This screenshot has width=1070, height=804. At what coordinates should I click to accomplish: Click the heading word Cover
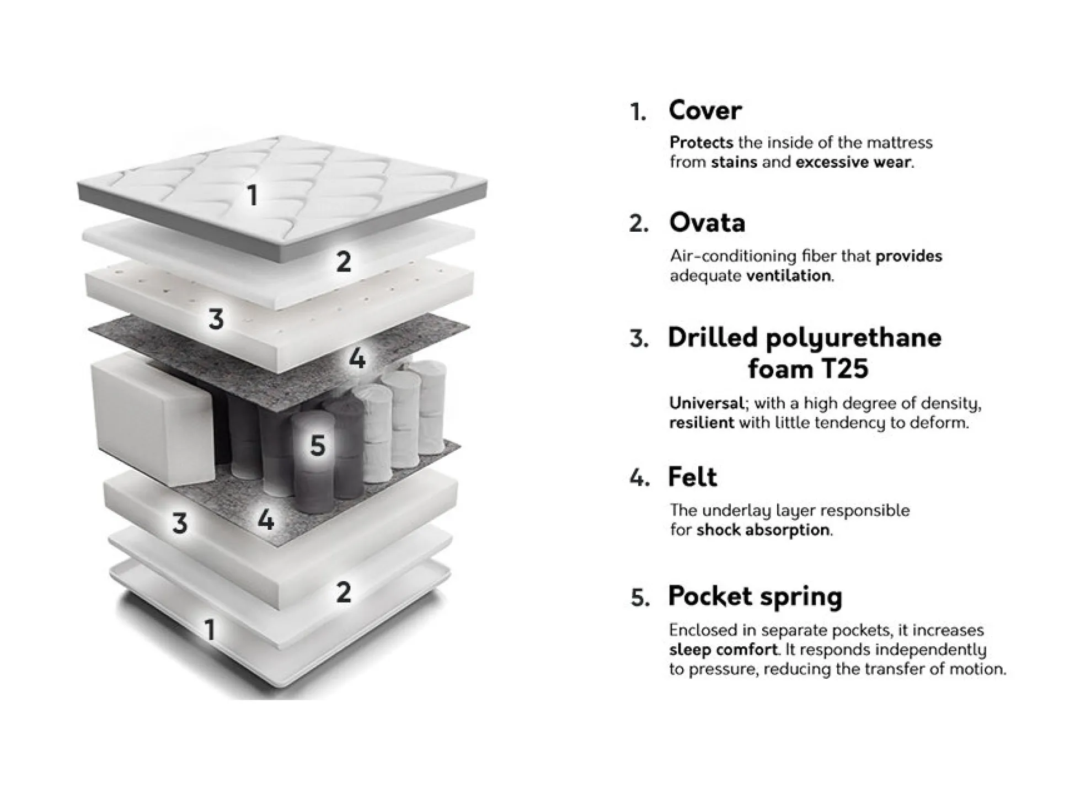pyautogui.click(x=705, y=110)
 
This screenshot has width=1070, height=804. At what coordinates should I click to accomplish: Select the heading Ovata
pyautogui.click(x=707, y=223)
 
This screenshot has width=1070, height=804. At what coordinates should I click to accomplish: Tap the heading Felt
pyautogui.click(x=692, y=477)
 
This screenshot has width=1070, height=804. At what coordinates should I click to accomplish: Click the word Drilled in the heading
pyautogui.click(x=712, y=337)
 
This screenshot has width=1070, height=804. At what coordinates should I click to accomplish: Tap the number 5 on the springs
pyautogui.click(x=318, y=445)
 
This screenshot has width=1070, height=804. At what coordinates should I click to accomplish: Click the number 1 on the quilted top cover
pyautogui.click(x=253, y=195)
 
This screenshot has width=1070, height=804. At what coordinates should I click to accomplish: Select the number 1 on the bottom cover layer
pyautogui.click(x=209, y=629)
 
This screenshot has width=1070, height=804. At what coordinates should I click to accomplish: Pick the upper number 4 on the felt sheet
pyautogui.click(x=357, y=359)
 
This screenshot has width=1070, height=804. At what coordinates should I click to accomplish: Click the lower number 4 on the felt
pyautogui.click(x=266, y=520)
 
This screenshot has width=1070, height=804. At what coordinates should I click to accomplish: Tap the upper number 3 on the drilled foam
pyautogui.click(x=216, y=319)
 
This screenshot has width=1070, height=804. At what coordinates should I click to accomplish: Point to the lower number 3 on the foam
pyautogui.click(x=180, y=523)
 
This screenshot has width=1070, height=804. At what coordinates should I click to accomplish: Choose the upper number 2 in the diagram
pyautogui.click(x=344, y=262)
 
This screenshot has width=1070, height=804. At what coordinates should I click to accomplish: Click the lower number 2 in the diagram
pyautogui.click(x=344, y=592)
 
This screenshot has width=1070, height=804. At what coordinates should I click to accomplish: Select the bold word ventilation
pyautogui.click(x=789, y=275)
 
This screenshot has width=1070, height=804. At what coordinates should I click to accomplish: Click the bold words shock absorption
pyautogui.click(x=763, y=530)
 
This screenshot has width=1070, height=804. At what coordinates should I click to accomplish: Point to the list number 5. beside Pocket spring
pyautogui.click(x=640, y=598)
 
